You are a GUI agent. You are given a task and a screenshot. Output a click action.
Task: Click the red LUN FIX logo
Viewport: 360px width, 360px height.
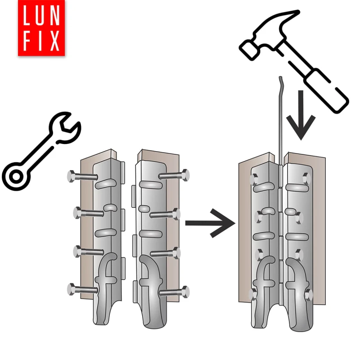(x=41, y=28)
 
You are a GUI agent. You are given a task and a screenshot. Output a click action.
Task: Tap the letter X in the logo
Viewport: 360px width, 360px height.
(x=54, y=41)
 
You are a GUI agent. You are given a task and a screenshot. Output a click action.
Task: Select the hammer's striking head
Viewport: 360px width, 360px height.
(x=249, y=49)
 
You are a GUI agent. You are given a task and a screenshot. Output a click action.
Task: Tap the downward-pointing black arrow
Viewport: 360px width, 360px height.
(x=301, y=115)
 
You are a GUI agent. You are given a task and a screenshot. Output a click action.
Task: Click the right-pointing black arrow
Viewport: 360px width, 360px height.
(x=210, y=223)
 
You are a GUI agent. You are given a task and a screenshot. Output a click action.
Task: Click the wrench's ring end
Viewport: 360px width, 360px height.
(x=16, y=176)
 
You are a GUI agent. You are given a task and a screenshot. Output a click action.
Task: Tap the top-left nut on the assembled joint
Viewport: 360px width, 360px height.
(x=254, y=179)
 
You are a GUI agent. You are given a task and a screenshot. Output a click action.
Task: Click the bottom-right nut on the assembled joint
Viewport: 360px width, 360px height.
(x=308, y=294)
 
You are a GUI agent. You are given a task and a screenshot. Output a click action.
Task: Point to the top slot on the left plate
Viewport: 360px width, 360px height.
(x=106, y=184)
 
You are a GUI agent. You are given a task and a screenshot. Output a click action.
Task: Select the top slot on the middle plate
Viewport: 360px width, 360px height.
(x=150, y=184)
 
